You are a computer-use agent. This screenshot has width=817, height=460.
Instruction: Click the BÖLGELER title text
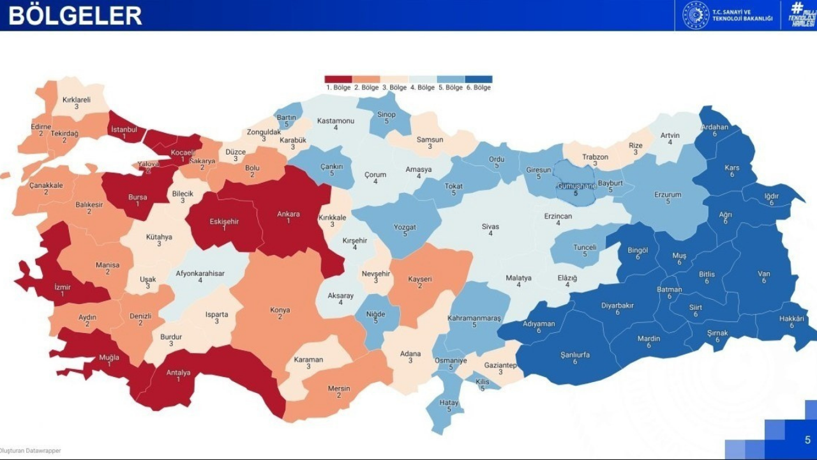click(x=75, y=15)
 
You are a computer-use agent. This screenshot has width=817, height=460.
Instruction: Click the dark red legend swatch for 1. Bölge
click(x=338, y=79)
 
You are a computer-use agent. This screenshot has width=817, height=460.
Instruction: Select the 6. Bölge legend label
click(x=479, y=88)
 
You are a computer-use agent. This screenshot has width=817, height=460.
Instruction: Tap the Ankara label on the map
click(x=289, y=214)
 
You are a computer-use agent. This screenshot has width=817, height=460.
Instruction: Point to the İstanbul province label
click(x=124, y=130)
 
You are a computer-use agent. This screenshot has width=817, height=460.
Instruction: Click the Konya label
click(x=280, y=310)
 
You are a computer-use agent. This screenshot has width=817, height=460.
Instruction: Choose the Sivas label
click(x=490, y=227)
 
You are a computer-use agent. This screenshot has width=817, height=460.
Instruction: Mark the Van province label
click(x=764, y=274)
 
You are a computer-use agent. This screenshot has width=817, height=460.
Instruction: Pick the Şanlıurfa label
click(x=574, y=355)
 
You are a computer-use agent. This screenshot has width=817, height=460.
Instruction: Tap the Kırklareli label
click(x=77, y=100)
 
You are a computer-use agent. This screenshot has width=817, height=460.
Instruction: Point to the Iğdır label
click(x=771, y=196)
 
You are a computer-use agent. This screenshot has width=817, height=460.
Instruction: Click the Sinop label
click(x=386, y=115)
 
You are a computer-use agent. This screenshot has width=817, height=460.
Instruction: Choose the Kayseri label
click(x=420, y=279)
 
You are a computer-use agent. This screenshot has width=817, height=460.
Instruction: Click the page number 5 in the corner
click(x=807, y=440)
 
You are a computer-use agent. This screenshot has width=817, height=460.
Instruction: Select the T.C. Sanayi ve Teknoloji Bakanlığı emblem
click(x=696, y=15)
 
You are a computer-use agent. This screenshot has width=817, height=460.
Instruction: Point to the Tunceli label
click(x=585, y=247)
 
